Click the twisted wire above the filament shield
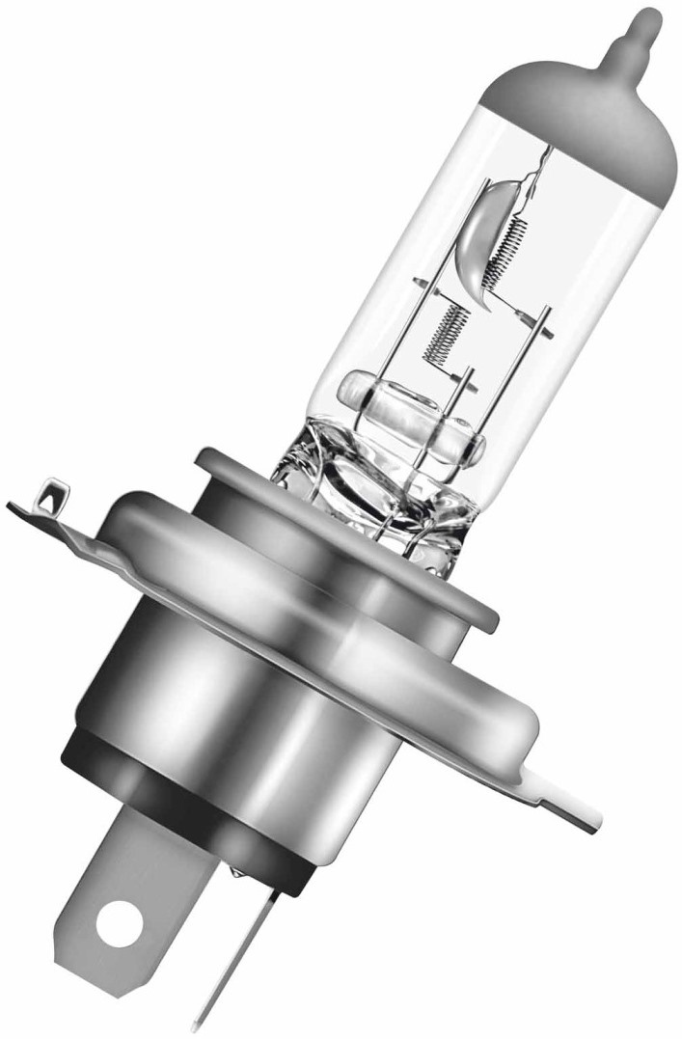(x=542, y=169)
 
